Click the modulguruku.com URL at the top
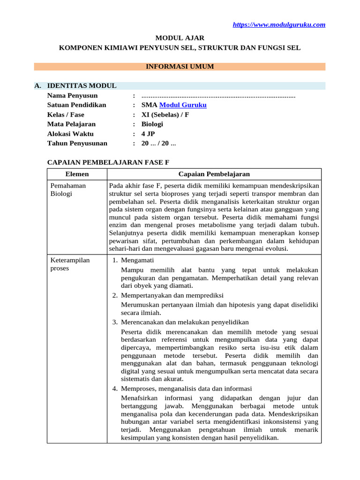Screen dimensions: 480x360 coord(279,25)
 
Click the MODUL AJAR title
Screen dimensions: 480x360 coord(180,37)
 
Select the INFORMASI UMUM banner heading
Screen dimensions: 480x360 coord(180,67)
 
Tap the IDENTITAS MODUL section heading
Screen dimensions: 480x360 coord(82,86)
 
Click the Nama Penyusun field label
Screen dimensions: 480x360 coord(72,96)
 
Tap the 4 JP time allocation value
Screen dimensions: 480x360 coord(148,134)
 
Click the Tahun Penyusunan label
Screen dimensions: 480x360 coord(77,143)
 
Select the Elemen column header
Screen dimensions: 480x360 coord(77,174)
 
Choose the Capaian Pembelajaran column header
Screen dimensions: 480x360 coord(214,174)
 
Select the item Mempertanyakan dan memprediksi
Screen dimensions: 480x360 coord(172,295)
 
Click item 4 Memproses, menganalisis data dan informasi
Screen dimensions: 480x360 coord(186,389)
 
